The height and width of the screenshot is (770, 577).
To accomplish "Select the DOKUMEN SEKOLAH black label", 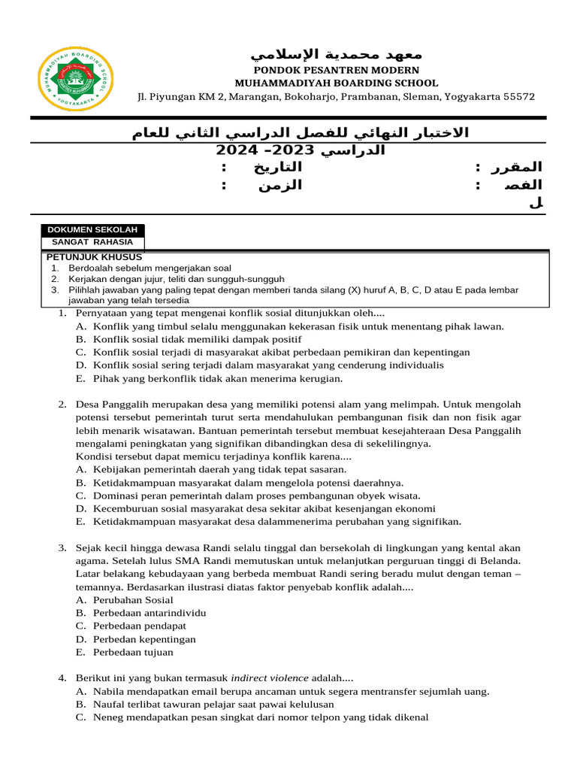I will point(92,230).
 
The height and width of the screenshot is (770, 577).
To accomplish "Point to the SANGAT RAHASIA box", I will point(92,242).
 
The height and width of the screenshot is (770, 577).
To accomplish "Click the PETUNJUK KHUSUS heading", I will point(94,257).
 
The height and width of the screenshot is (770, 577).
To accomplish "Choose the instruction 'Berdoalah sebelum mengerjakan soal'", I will point(150,268).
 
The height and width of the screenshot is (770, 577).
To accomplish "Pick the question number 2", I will point(62,404).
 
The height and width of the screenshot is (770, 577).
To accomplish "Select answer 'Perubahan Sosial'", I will point(133,600).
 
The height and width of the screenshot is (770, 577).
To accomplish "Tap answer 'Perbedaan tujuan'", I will point(133,652).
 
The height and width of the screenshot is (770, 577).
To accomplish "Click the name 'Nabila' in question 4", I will point(110,691).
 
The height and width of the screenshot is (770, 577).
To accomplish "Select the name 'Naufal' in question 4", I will point(110,705).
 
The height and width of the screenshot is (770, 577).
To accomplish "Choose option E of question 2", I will point(80,521).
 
